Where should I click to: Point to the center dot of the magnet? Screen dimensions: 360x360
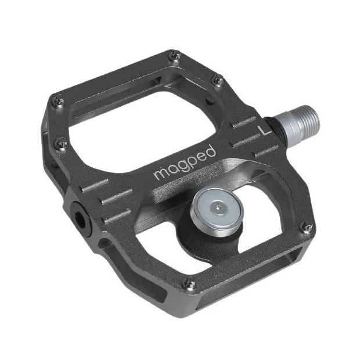click(x=216, y=206)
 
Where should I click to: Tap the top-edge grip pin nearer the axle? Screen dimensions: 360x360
click(x=218, y=81)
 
